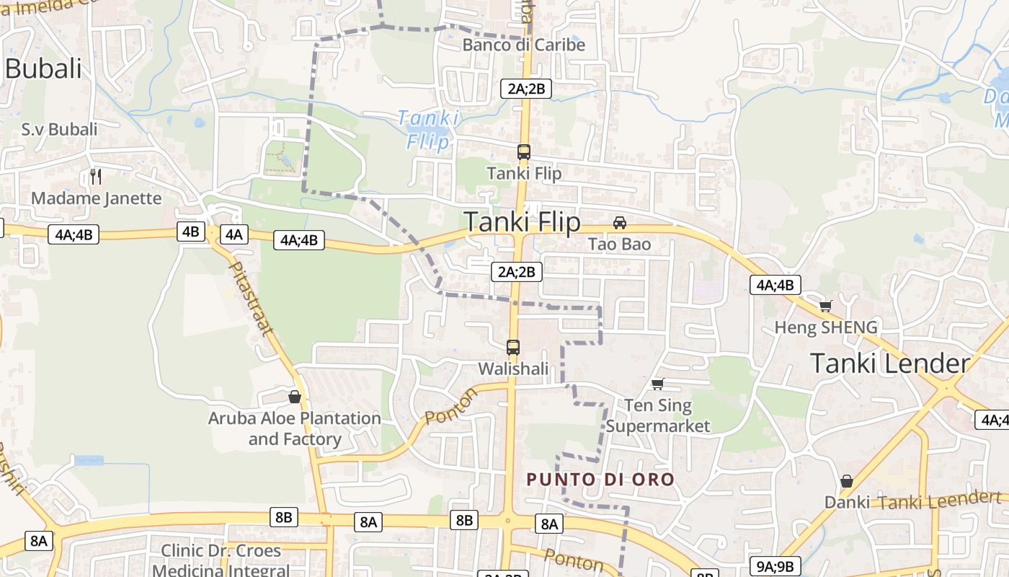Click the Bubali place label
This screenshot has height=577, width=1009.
pos(43,69)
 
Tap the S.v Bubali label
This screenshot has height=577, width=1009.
pos(59,130)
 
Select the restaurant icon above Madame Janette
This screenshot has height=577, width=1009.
pos(96,176)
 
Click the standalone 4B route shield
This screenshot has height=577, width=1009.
pos(190,232)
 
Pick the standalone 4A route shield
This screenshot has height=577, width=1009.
pos(234,234)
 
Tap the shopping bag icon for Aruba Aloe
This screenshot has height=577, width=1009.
pos(294,397)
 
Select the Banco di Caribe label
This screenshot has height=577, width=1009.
pos(523,45)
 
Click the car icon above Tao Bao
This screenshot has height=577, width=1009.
pos(619,223)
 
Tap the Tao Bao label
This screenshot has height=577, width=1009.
pos(619,245)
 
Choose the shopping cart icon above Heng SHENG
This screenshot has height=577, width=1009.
pos(825,307)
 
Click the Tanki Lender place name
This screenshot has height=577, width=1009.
pos(889,363)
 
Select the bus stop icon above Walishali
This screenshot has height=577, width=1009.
pos(513,348)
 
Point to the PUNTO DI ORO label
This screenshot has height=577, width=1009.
pos(600,479)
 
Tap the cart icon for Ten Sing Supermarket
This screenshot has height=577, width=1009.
pos(657,384)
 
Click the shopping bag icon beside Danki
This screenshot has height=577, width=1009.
pos(847,480)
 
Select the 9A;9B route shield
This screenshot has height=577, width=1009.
pos(775,566)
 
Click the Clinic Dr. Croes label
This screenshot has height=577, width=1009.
pos(221,551)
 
